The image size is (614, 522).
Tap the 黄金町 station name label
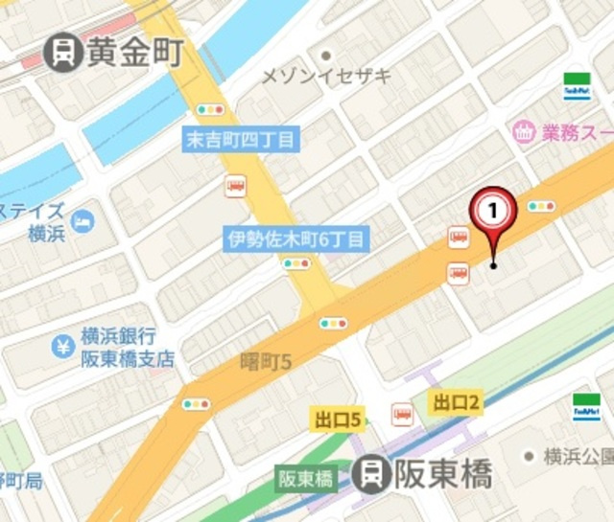click(134, 52)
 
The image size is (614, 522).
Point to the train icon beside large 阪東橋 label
click(371, 473)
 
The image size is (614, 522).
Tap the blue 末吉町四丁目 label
click(241, 139)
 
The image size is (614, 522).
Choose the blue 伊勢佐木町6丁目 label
click(296, 238)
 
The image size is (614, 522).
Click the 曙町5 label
click(264, 360)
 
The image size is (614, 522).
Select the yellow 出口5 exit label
click(339, 419)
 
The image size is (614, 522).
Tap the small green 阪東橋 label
click(305, 477)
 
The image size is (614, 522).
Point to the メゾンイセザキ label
click(326, 77)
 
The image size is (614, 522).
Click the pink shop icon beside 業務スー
click(524, 131)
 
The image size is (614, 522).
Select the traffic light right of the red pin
click(541, 206)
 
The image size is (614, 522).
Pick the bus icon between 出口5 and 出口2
click(402, 414)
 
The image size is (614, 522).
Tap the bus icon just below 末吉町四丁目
click(234, 186)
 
